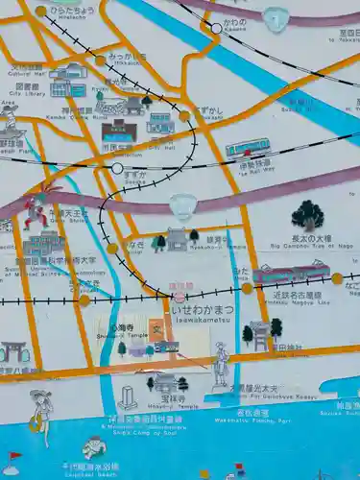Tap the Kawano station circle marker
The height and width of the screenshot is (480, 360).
217,28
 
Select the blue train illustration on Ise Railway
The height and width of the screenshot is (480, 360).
248,148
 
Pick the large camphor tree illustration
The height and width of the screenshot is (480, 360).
307,215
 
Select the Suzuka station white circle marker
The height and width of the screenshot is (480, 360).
117,168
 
